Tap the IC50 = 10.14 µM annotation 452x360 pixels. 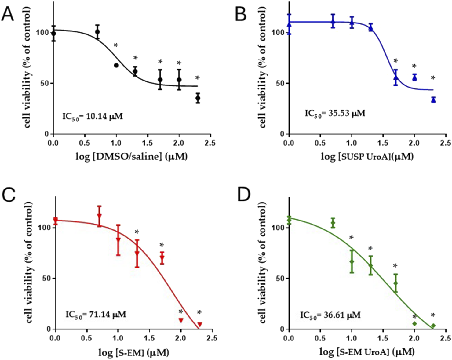point(93,117)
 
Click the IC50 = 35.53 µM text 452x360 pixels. point(335,113)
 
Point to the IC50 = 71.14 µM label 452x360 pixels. point(96,314)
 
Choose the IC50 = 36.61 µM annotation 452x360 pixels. point(330,315)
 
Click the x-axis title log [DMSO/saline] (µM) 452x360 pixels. point(131,157)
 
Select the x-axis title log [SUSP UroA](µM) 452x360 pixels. point(367,157)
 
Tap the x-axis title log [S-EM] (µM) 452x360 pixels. point(133,353)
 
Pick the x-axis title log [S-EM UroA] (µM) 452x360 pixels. point(367,352)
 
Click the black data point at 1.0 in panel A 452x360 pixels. point(116,65)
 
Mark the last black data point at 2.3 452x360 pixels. point(198,98)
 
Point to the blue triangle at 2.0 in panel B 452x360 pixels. point(414,78)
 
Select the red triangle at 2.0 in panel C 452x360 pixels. point(181,320)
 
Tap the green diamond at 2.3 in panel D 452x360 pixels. point(433,326)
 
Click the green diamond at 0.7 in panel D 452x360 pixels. point(333,223)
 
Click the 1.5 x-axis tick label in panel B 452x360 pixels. point(383,143)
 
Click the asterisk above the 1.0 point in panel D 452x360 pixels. point(352,237)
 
